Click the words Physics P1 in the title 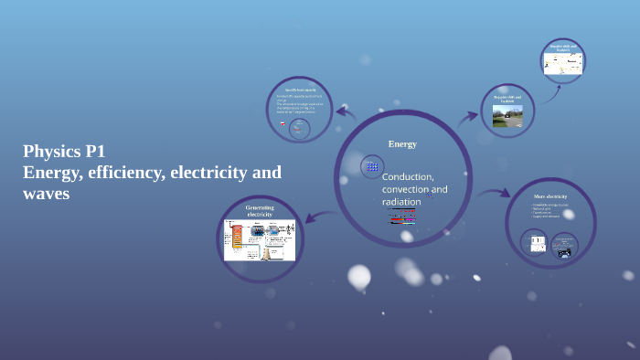[64, 152]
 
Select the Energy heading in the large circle [402, 144]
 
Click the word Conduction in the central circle [408, 176]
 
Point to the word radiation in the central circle [401, 201]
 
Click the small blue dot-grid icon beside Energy [371, 166]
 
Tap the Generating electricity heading [259, 210]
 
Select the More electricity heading [550, 196]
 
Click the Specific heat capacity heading [299, 90]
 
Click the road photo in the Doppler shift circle [507, 115]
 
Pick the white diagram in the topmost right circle [562, 63]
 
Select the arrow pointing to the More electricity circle [495, 193]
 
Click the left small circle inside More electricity [536, 242]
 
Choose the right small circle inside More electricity [564, 244]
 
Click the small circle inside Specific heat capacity [299, 129]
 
